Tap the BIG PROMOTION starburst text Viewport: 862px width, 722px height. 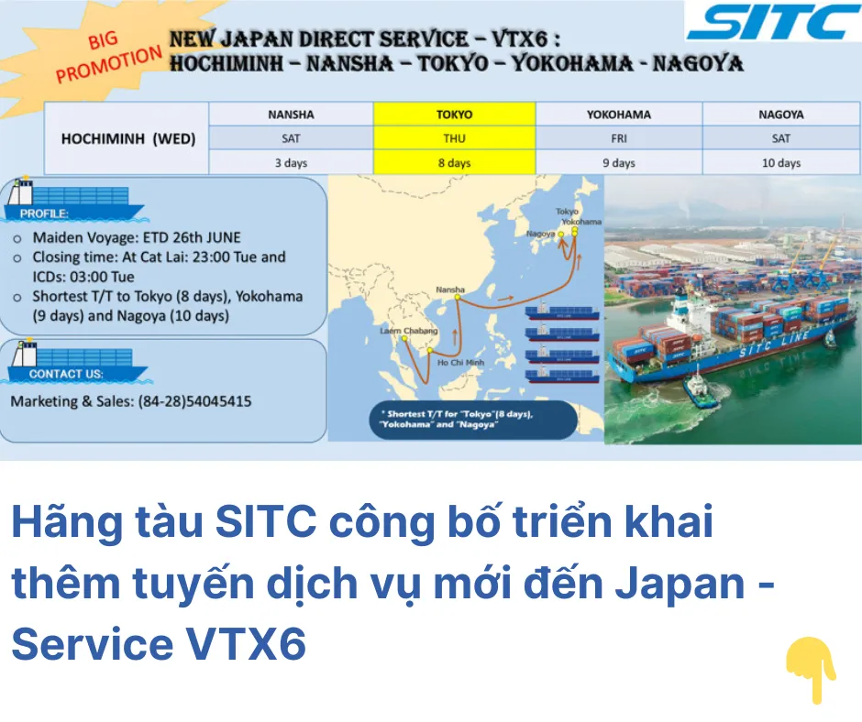[108, 57]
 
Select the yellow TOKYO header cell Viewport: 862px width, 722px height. [454, 115]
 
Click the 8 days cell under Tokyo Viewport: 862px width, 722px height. [454, 163]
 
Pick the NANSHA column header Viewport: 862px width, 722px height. [291, 115]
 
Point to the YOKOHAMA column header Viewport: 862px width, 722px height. [618, 115]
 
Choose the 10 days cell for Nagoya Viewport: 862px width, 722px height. [781, 163]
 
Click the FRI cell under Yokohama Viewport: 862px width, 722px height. [618, 138]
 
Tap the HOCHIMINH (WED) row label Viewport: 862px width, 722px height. [128, 138]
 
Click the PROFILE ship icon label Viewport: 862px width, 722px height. [44, 213]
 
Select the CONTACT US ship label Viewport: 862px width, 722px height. [66, 374]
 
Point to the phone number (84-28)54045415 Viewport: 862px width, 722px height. [194, 401]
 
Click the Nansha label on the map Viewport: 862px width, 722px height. [450, 289]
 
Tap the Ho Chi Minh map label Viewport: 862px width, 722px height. [460, 362]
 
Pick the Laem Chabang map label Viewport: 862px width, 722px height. [408, 330]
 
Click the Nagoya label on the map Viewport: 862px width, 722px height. [540, 233]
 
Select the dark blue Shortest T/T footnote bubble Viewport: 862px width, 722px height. [473, 420]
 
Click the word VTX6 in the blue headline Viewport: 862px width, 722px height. [245, 644]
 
